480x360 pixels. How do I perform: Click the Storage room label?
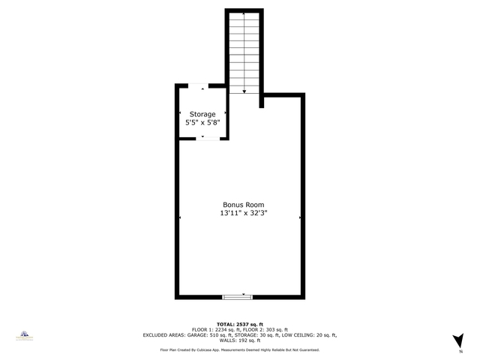202,114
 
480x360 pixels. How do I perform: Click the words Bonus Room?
243,205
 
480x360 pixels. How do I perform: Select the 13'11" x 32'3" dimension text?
243,214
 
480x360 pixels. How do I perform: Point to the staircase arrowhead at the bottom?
244,91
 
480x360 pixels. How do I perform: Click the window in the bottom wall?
238,297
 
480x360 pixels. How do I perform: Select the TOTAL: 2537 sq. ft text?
239,323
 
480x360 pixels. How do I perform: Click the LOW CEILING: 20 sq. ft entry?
310,335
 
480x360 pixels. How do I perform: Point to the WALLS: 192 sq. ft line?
239,341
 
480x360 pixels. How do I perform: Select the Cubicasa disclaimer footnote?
239,350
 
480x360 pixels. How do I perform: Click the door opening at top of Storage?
202,86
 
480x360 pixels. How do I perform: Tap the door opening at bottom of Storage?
202,138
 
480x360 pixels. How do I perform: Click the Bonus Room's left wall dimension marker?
180,217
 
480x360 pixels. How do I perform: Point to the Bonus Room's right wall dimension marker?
300,217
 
